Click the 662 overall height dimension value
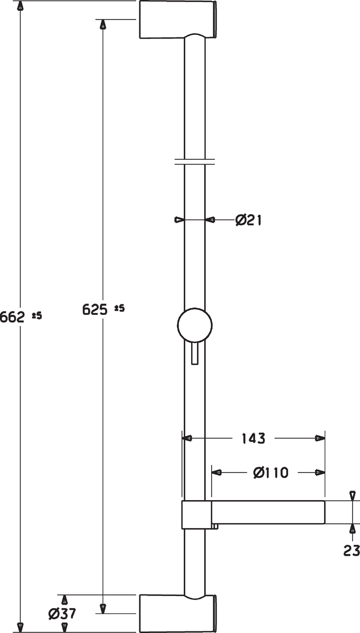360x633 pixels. coord(12,317)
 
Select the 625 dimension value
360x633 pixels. coord(94,310)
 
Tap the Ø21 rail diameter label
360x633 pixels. coord(249,220)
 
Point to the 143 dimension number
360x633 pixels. coord(253,438)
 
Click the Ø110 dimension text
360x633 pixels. coord(271,472)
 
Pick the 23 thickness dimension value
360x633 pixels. coord(352,551)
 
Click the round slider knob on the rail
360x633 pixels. coord(195,325)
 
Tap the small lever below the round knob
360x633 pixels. coord(195,353)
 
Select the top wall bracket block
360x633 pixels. coord(178,20)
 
